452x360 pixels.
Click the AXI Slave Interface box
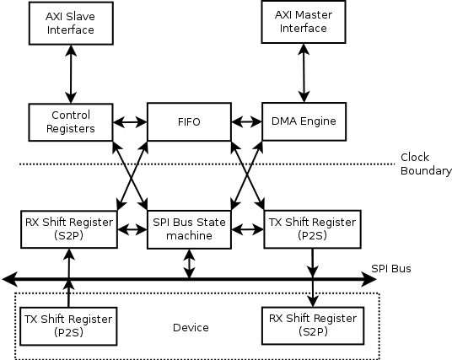(x=71, y=24)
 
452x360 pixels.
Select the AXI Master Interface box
(x=304, y=22)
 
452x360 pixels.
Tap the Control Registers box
(x=71, y=122)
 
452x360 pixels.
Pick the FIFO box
(x=189, y=121)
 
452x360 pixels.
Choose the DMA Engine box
(x=304, y=121)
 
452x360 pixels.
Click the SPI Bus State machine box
(x=189, y=229)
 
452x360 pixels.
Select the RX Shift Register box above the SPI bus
(x=69, y=229)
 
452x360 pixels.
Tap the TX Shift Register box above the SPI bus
(x=313, y=229)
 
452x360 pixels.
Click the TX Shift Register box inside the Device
(x=68, y=326)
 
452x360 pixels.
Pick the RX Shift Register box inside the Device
(x=313, y=325)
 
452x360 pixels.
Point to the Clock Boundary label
(x=426, y=164)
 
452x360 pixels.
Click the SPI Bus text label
(x=391, y=268)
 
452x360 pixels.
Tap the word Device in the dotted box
(x=191, y=327)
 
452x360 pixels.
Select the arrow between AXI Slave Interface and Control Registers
(x=71, y=74)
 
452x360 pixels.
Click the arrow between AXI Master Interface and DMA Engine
(x=304, y=73)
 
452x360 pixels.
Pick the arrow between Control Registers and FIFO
(x=130, y=122)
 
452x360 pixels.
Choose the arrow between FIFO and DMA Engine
(x=247, y=121)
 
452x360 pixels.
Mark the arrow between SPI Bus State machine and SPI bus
(x=189, y=264)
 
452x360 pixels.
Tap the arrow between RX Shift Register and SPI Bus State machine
(x=132, y=229)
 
